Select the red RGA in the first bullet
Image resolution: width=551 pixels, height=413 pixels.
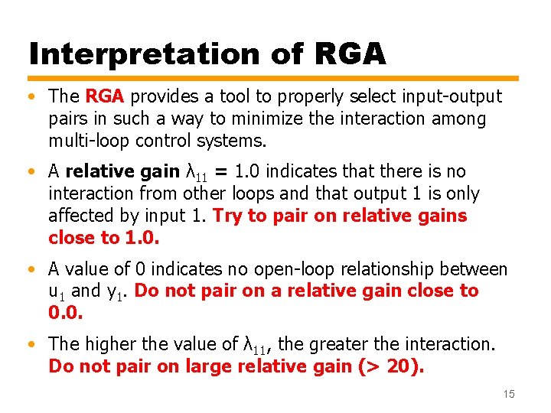[107, 96]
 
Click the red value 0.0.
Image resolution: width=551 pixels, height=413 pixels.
[65, 314]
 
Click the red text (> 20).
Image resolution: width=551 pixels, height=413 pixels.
[390, 366]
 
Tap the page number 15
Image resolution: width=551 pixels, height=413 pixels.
[509, 394]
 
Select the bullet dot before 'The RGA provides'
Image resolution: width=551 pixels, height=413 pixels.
[32, 97]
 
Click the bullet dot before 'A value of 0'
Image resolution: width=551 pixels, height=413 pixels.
[32, 270]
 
